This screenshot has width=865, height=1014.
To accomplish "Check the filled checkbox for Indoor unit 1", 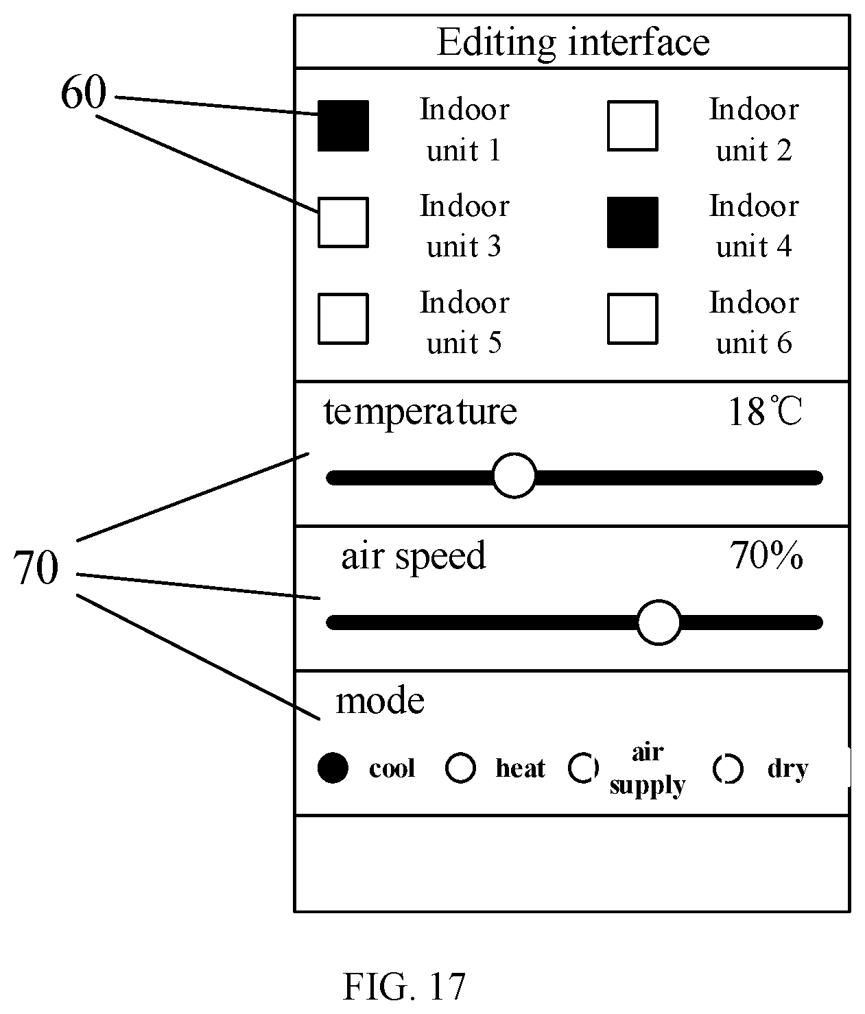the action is click(x=343, y=125).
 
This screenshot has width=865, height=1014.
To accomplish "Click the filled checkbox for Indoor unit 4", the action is click(x=632, y=222).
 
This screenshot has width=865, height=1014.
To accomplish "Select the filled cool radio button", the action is click(x=333, y=767).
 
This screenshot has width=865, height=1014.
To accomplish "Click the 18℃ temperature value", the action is click(x=765, y=411).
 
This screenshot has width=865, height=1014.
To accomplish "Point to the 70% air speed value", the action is click(x=766, y=555).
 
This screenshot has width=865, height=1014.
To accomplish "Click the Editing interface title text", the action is click(x=573, y=43).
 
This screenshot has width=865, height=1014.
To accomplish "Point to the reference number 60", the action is click(x=84, y=93).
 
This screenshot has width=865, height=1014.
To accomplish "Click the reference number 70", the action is click(x=36, y=568).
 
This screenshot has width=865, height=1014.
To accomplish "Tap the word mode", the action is click(x=379, y=701).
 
